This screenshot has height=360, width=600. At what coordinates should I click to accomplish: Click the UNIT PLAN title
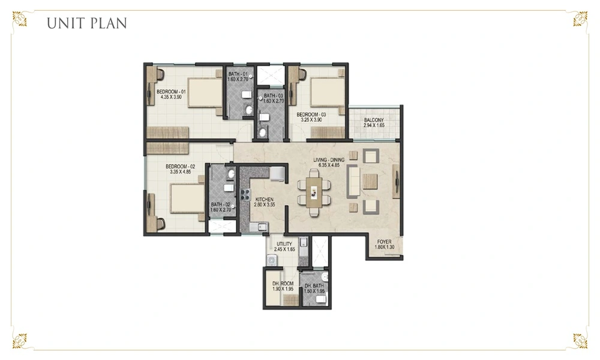(87, 23)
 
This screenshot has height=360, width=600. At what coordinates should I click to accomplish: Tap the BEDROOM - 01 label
(171, 92)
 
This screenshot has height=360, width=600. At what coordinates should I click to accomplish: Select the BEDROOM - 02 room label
(180, 166)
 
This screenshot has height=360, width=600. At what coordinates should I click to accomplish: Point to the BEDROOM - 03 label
(311, 115)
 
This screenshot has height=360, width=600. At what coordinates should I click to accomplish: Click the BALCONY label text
(374, 120)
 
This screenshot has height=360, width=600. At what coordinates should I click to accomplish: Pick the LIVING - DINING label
(329, 160)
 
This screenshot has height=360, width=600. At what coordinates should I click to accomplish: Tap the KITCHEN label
(265, 199)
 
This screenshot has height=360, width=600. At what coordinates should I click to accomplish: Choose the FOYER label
(384, 242)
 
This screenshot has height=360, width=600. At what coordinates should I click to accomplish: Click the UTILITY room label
(284, 244)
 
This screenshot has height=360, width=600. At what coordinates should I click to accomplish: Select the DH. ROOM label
(283, 284)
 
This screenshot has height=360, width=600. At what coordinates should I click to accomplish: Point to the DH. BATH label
(314, 286)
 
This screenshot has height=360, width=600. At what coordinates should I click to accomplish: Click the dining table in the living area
(314, 193)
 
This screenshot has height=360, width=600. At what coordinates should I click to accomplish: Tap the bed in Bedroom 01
(205, 93)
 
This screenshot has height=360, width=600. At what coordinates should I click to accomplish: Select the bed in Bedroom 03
(328, 92)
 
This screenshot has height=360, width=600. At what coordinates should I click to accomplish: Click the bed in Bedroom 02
(187, 199)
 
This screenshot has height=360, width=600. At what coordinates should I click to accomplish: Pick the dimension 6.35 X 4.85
(329, 165)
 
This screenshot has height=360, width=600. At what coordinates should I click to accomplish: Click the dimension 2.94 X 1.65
(374, 125)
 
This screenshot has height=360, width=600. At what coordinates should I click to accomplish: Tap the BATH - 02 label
(220, 205)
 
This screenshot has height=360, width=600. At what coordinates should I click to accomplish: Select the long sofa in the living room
(353, 181)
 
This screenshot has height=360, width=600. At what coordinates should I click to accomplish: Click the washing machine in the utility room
(272, 259)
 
